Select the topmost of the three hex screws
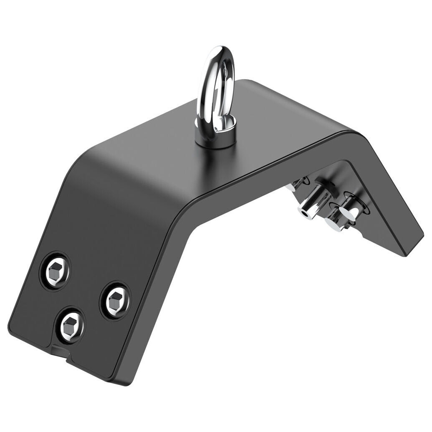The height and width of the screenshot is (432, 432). click(x=55, y=271)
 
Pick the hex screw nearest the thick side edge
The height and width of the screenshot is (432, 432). click(x=115, y=300)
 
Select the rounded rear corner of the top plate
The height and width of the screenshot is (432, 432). click(x=248, y=81)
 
